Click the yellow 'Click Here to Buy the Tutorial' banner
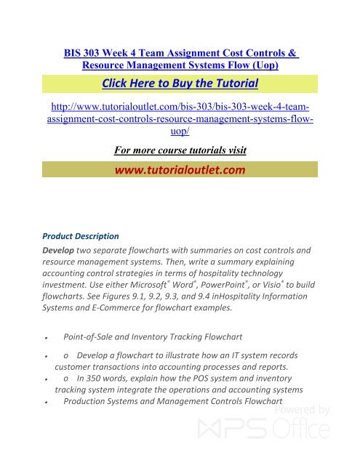[180, 81]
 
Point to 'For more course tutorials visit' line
[180, 150]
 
